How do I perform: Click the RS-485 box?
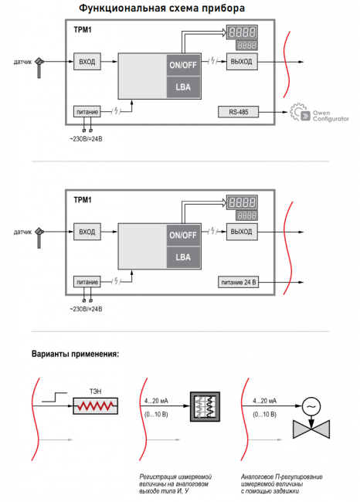[x=238, y=112]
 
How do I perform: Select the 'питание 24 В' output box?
[x=238, y=283]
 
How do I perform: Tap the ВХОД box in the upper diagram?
[x=87, y=62]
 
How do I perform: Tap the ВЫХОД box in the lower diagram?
[x=242, y=232]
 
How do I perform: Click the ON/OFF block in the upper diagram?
[x=183, y=65]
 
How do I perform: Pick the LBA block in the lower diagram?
[x=183, y=257]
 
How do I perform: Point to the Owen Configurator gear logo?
[x=300, y=113]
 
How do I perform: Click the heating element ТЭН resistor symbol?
[x=96, y=406]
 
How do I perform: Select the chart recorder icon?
[x=205, y=406]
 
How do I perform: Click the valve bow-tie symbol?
[x=311, y=429]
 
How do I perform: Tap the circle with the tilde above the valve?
[x=311, y=406]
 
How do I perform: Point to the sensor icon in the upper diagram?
[x=39, y=67]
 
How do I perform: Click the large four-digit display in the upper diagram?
[x=242, y=32]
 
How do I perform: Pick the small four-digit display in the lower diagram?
[x=246, y=215]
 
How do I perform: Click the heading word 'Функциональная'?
[x=122, y=8]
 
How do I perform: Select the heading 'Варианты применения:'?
[x=75, y=354]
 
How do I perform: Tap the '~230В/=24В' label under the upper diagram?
[x=87, y=139]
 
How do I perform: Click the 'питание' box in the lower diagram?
[x=87, y=282]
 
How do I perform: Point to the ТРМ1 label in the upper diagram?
[x=83, y=30]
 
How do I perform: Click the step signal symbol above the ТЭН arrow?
[x=54, y=397]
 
